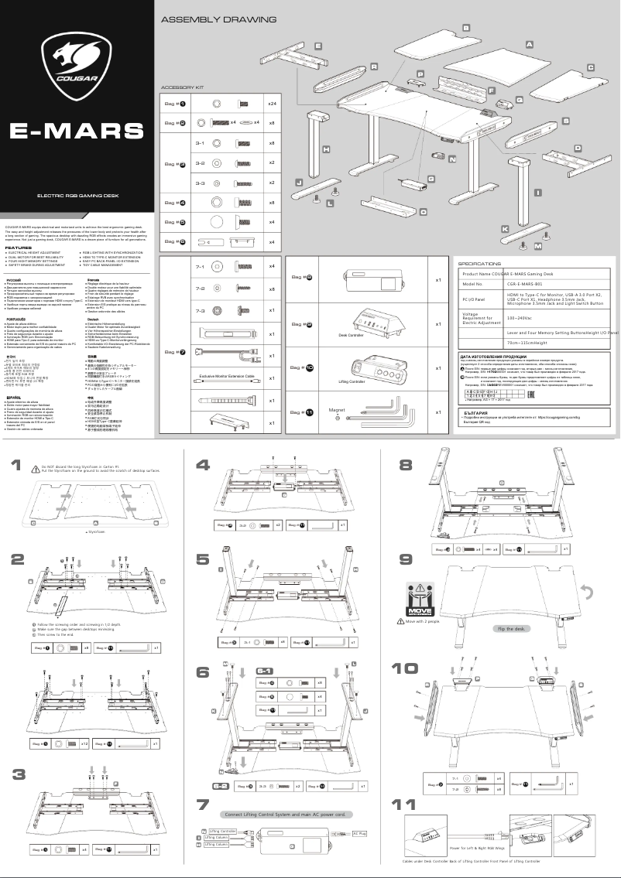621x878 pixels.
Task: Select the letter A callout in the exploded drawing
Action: (530, 45)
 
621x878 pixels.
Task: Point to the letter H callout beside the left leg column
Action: (327, 148)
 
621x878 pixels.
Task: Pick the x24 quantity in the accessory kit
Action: (272, 103)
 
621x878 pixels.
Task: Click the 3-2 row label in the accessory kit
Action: (200, 163)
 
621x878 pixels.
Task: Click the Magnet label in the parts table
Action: (337, 409)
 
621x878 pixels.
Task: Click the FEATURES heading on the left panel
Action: (19, 248)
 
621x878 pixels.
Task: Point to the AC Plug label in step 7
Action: (359, 833)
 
